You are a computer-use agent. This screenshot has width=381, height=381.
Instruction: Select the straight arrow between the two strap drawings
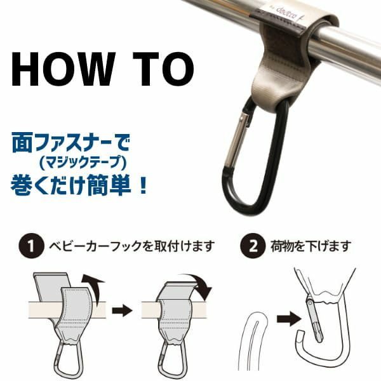[121, 311]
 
